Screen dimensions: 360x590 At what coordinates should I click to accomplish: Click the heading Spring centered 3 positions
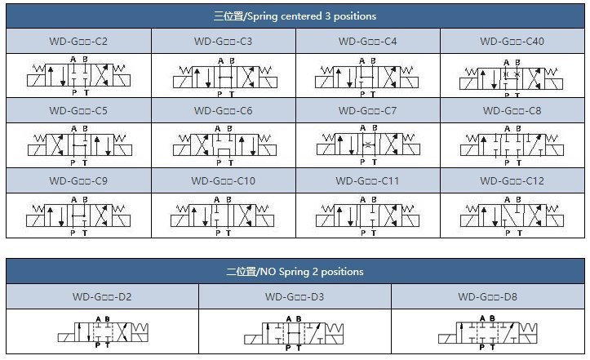tap(295, 16)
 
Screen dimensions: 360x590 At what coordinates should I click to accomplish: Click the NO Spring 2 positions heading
tap(295, 271)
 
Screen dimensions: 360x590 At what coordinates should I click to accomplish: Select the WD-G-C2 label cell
tap(78, 41)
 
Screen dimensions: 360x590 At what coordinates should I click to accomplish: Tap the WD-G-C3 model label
tap(223, 41)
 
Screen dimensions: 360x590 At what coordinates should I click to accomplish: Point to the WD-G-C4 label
tap(367, 41)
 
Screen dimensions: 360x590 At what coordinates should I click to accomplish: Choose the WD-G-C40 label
tap(512, 41)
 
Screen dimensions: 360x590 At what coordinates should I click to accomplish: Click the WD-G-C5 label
tap(78, 110)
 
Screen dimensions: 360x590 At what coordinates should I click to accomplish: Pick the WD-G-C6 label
tap(223, 110)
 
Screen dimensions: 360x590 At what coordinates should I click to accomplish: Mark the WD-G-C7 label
tap(367, 110)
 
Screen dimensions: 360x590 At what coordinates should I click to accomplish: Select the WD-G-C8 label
tap(512, 110)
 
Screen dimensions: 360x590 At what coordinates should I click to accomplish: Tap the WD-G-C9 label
tap(78, 180)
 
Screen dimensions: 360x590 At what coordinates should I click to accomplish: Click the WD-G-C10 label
tap(223, 180)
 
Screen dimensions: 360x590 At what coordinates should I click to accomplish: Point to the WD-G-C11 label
tap(367, 180)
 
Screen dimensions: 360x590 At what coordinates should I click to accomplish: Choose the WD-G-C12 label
tap(512, 180)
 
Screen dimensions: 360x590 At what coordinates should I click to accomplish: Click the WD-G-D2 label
tap(102, 297)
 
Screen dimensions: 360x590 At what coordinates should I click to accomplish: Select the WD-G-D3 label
tap(295, 297)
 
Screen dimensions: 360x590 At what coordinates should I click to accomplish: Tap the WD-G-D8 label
tap(488, 297)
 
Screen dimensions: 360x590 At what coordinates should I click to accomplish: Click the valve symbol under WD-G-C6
tap(223, 145)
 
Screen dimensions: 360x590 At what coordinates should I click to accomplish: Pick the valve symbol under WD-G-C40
tap(512, 76)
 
